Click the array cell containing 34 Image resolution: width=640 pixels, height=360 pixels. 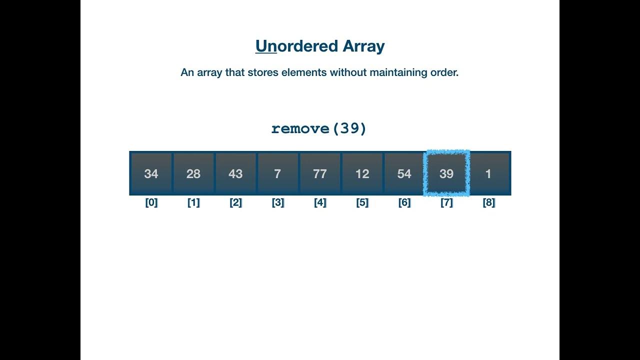[151, 173]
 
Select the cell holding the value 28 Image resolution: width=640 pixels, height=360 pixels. [193, 173]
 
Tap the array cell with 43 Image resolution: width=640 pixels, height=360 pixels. [235, 173]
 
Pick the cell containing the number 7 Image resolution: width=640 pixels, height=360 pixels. [277, 173]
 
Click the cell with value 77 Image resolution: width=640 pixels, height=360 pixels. [319, 173]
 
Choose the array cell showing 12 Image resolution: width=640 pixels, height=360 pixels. [362, 173]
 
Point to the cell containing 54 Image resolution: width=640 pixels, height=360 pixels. [404, 173]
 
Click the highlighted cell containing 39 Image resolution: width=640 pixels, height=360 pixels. [446, 173]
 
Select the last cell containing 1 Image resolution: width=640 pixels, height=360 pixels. [488, 173]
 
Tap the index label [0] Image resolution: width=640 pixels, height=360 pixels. [151, 203]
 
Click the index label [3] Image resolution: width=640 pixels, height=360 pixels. [277, 203]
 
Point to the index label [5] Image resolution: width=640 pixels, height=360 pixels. [362, 203]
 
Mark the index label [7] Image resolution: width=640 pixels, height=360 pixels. [446, 203]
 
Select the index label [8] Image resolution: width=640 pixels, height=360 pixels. [488, 203]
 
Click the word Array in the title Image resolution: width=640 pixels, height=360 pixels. [363, 46]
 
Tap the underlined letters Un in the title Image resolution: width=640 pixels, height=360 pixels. [266, 46]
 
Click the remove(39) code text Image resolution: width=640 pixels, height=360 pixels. [319, 128]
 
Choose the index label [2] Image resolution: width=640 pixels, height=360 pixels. [235, 203]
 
